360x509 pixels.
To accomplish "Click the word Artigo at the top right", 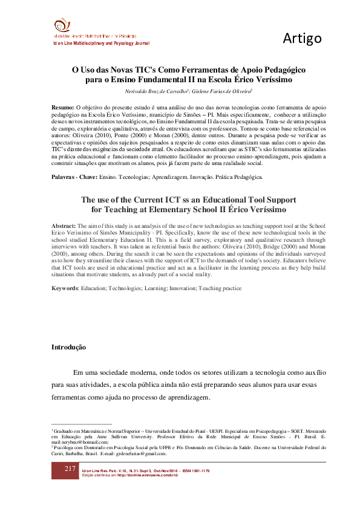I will tap(302, 39).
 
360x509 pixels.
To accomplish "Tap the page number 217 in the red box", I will tap(70, 470).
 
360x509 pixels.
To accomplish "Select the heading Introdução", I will tap(68, 348).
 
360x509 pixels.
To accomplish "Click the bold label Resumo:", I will tap(64, 107).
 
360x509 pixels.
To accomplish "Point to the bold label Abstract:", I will tap(64, 225).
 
